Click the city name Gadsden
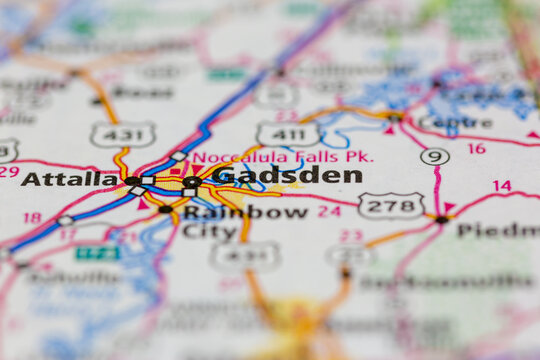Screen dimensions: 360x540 287,176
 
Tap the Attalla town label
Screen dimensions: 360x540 69,179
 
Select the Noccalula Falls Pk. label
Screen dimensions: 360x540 283,157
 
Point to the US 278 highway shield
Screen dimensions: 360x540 391,206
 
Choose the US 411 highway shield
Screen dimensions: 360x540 288,134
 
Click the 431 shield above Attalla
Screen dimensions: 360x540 122,134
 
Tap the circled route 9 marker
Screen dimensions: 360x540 434,156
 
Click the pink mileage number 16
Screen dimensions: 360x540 476,148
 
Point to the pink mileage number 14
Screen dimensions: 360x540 502,186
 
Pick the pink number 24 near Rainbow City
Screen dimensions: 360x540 329,211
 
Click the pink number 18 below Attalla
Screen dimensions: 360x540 32,217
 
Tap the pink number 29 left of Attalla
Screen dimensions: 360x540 8,171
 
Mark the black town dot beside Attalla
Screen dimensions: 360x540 132,181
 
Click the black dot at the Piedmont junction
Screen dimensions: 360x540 442,219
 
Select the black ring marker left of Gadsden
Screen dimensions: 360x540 191,182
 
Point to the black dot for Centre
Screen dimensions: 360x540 396,118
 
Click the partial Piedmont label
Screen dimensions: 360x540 497,230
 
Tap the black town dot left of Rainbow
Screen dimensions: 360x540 165,209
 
